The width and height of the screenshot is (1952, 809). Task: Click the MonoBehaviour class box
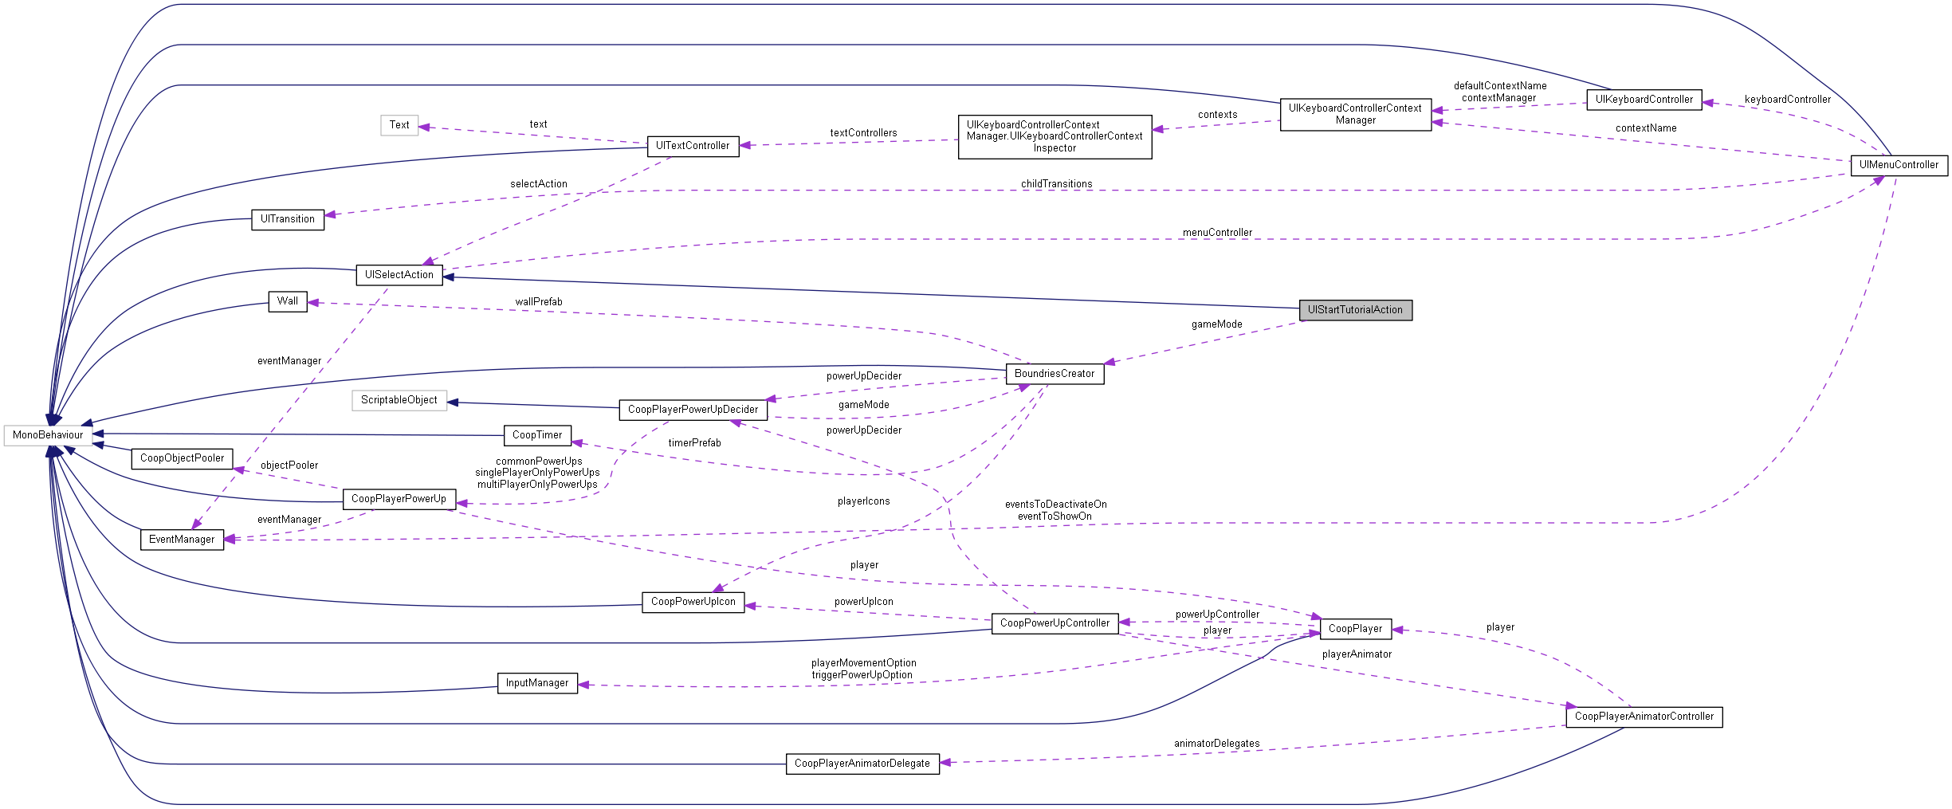click(x=48, y=435)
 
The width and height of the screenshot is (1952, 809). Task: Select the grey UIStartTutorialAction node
click(x=1355, y=310)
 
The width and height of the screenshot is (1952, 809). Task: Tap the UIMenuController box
click(x=1899, y=165)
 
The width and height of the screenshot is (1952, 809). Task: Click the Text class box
click(x=399, y=125)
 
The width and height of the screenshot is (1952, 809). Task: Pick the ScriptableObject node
click(x=399, y=400)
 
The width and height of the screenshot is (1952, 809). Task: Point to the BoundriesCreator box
click(x=1055, y=374)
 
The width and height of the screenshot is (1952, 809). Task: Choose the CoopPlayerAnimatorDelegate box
click(x=862, y=764)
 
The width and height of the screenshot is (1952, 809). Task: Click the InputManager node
click(x=537, y=683)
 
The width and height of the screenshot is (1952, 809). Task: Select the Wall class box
click(x=288, y=301)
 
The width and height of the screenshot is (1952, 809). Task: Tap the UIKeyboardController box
click(x=1644, y=100)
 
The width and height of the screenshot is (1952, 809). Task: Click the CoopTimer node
click(x=537, y=435)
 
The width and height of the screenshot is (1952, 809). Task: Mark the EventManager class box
click(x=182, y=540)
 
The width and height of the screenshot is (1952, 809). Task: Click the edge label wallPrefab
click(x=539, y=302)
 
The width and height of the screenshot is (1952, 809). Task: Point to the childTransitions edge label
click(x=1056, y=184)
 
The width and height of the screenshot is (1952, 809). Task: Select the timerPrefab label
click(x=694, y=443)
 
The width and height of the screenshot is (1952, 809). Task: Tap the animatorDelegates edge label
click(x=1216, y=744)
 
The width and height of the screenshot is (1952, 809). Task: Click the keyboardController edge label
click(x=1787, y=100)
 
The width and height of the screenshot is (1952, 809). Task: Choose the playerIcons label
click(x=863, y=501)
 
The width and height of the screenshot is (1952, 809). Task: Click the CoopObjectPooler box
click(x=183, y=458)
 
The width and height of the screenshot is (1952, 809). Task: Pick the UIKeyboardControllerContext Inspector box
click(x=1055, y=136)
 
